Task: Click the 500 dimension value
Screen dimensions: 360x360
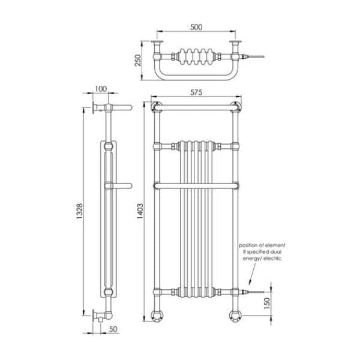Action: (196, 27)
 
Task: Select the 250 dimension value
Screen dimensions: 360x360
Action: (137, 61)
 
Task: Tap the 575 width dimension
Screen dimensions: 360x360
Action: (196, 92)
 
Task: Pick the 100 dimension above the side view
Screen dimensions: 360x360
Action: (101, 89)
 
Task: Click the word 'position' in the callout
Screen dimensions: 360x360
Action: (250, 245)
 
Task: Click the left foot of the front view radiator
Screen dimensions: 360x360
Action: (158, 316)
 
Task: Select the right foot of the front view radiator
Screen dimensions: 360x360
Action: (235, 316)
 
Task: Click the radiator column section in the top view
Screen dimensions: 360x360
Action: (196, 57)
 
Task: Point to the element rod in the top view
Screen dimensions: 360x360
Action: (252, 57)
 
